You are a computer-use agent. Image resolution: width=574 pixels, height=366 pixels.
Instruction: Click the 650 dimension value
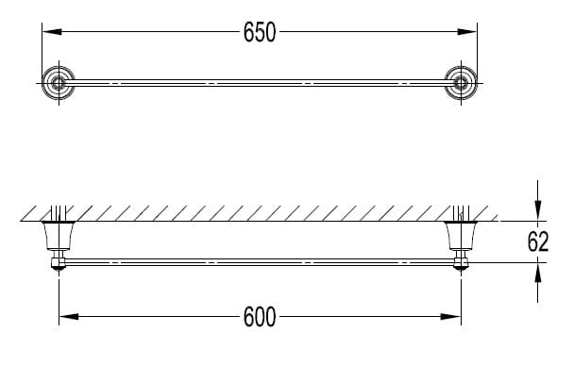click(260, 32)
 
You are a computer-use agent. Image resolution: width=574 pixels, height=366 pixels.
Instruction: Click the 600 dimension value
click(260, 317)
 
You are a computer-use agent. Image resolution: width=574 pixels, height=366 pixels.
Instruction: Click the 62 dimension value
click(538, 241)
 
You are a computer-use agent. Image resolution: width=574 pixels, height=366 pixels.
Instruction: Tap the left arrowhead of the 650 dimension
click(52, 32)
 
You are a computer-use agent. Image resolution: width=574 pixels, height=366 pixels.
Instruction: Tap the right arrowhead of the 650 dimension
click(467, 32)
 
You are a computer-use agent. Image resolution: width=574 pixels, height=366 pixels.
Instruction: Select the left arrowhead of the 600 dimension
click(69, 317)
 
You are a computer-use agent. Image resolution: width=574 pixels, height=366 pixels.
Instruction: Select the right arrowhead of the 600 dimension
click(451, 317)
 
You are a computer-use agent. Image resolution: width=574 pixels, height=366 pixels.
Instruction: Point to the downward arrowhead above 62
click(538, 211)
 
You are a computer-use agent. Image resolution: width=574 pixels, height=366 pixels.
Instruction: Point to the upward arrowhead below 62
click(538, 273)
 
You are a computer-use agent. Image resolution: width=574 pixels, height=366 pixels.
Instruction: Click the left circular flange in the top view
click(59, 83)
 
